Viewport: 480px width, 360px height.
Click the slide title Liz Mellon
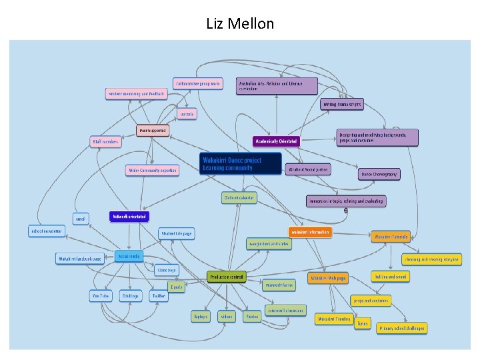click(240, 24)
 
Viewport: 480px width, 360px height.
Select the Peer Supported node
click(153, 130)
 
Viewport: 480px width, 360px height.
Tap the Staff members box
click(106, 141)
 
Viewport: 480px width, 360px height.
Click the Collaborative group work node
click(197, 84)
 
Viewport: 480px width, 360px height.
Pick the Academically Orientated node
click(276, 141)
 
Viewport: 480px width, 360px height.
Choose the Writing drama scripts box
click(342, 105)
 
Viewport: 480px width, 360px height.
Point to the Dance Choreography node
click(379, 174)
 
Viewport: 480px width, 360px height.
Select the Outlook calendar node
click(239, 198)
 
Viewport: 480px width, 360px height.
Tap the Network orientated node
click(129, 217)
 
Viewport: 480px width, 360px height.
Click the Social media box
click(129, 256)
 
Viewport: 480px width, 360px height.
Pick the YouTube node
click(101, 295)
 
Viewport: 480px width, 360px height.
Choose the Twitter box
click(159, 295)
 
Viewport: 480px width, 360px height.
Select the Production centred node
click(227, 277)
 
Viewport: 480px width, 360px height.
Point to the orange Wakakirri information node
click(309, 232)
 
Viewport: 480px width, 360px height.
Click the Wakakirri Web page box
click(328, 278)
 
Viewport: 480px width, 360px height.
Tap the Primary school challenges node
click(401, 328)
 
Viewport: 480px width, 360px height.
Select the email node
click(81, 218)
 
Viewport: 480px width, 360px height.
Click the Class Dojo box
click(166, 270)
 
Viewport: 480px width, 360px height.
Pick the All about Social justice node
click(307, 170)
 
